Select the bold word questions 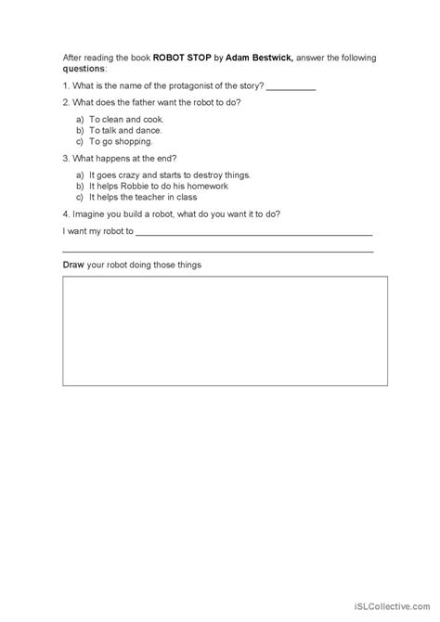[84, 68]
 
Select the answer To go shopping [121, 142]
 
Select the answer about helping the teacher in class [149, 197]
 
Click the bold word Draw [73, 266]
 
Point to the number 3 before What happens [65, 158]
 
